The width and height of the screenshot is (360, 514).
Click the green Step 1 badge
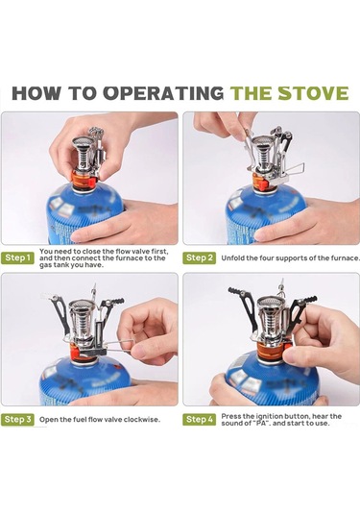pyautogui.click(x=17, y=258)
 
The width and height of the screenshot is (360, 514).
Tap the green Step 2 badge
pyautogui.click(x=199, y=258)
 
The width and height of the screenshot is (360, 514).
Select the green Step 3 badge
pyautogui.click(x=17, y=419)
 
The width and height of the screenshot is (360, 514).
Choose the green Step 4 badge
pyautogui.click(x=199, y=419)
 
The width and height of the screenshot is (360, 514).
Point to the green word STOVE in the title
pyautogui.click(x=313, y=93)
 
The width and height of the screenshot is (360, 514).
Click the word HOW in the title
pyautogui.click(x=36, y=93)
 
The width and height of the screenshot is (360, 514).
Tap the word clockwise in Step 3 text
pyautogui.click(x=141, y=420)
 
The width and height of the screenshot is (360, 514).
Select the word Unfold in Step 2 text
pyautogui.click(x=232, y=258)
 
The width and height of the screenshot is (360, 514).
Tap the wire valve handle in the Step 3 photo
pyautogui.click(x=117, y=346)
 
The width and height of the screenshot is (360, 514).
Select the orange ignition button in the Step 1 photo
pyautogui.click(x=92, y=182)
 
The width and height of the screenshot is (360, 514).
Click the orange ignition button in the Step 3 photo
pyautogui.click(x=74, y=354)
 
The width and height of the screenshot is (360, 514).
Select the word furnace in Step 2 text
pyautogui.click(x=347, y=258)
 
